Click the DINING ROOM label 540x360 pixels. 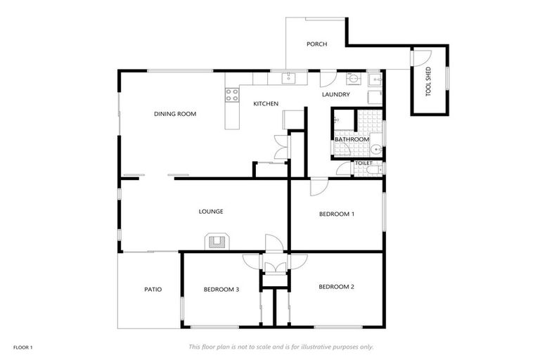pyautogui.click(x=175, y=114)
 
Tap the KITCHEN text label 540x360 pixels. pyautogui.click(x=266, y=104)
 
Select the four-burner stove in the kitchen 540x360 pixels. pyautogui.click(x=231, y=96)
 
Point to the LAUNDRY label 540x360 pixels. pyautogui.click(x=336, y=95)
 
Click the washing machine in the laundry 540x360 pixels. pyautogui.click(x=375, y=96)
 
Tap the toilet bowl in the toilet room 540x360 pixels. pyautogui.click(x=377, y=169)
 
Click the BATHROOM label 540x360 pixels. pyautogui.click(x=352, y=139)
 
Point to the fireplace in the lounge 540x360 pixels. pyautogui.click(x=216, y=243)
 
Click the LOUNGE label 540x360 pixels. pyautogui.click(x=211, y=211)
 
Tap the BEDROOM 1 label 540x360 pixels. pyautogui.click(x=336, y=214)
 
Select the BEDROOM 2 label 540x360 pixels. pyautogui.click(x=336, y=287)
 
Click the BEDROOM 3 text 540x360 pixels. pyautogui.click(x=221, y=289)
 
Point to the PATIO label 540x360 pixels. pyautogui.click(x=153, y=289)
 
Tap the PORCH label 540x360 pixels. pyautogui.click(x=316, y=44)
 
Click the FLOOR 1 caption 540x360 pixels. pyautogui.click(x=22, y=347)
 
